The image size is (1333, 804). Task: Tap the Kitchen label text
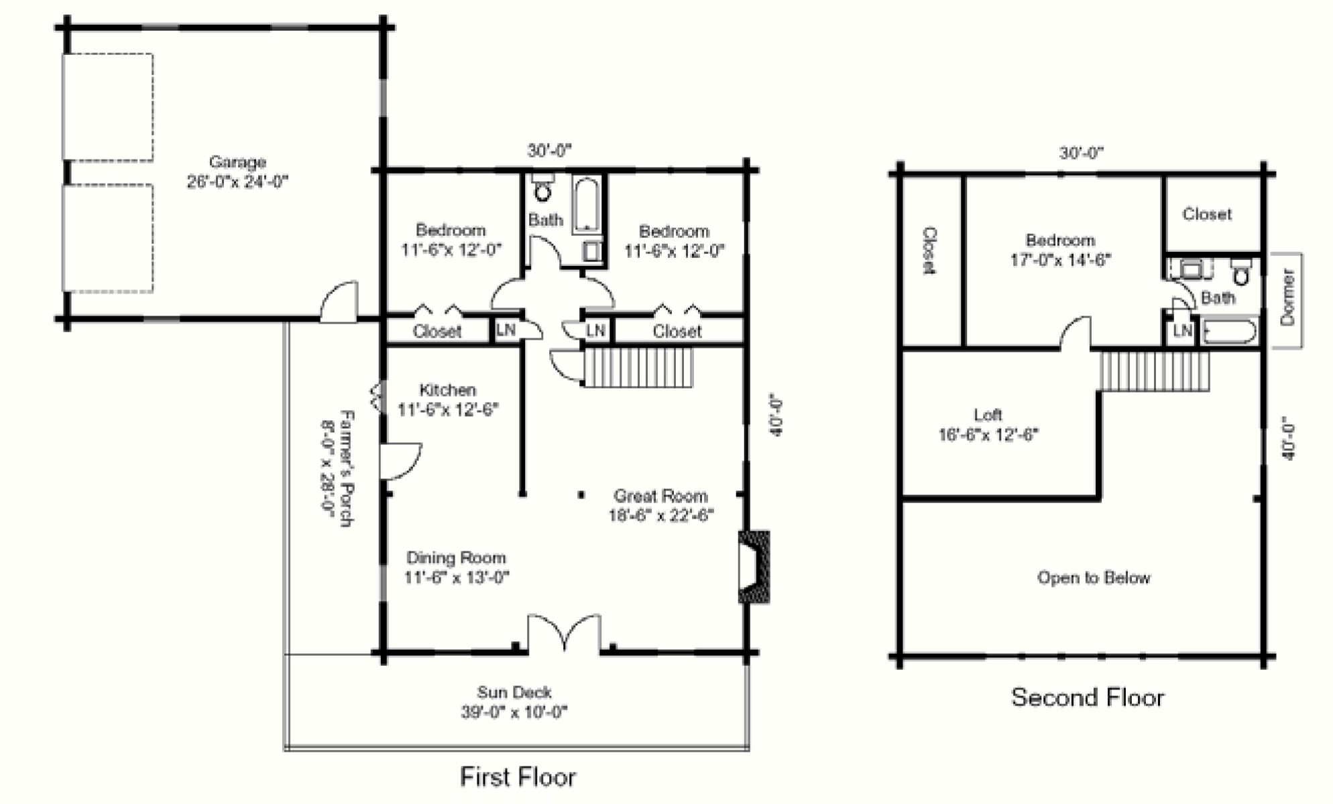(448, 390)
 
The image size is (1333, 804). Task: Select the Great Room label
(661, 496)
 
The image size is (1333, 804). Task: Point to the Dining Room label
(456, 557)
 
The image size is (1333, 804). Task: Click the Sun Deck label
(514, 692)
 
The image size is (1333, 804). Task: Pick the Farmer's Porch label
(346, 468)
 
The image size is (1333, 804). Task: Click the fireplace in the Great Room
(754, 567)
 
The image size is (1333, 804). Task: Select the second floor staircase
(1155, 371)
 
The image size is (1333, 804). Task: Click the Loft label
(988, 415)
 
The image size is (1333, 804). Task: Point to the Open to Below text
(1094, 578)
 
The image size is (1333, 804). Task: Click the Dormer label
(1287, 297)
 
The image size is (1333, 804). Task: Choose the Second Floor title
(1088, 697)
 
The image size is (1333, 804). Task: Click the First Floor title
(518, 777)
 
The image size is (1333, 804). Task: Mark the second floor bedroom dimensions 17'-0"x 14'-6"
(1061, 259)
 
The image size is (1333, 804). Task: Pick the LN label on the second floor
(1182, 330)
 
